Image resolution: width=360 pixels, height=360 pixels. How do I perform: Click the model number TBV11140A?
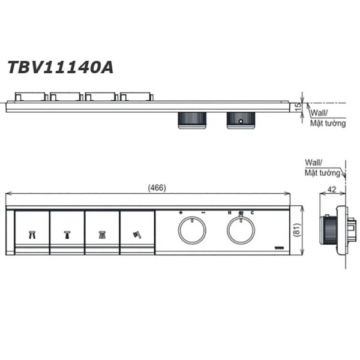[59, 65]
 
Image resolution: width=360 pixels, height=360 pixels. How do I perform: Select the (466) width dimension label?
[157, 188]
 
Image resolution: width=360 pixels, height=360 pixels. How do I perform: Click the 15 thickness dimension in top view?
[298, 106]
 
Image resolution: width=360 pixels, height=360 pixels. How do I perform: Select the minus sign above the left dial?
[203, 213]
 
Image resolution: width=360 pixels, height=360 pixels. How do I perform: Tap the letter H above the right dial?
[229, 213]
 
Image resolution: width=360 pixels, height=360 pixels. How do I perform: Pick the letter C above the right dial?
[252, 213]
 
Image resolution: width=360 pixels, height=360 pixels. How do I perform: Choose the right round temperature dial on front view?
[241, 230]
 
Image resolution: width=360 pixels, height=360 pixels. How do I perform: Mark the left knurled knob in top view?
[193, 119]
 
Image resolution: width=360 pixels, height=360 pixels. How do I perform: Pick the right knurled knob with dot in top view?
[241, 119]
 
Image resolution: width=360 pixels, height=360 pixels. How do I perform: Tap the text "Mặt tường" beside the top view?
[328, 124]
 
